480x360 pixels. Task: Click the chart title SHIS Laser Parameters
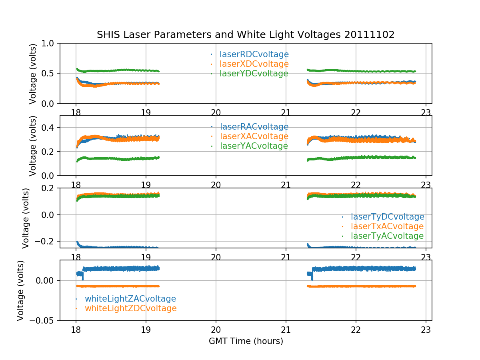tap(246, 35)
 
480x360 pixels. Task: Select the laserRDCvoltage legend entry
tap(254, 54)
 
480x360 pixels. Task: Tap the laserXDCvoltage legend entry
tap(254, 64)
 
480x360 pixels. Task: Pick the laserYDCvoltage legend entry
tap(254, 74)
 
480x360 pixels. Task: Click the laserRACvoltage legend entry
tap(254, 127)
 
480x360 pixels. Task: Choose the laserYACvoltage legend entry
tap(254, 146)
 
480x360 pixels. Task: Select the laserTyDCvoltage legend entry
tap(387, 217)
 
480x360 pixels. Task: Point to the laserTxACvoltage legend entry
tap(387, 226)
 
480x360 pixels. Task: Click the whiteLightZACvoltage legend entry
tap(130, 299)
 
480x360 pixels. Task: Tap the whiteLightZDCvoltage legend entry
tap(130, 308)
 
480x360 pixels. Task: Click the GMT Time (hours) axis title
tap(246, 341)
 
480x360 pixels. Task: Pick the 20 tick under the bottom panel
tap(216, 329)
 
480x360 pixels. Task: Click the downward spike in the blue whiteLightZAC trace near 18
tap(83, 278)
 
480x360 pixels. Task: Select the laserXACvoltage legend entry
tap(254, 136)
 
